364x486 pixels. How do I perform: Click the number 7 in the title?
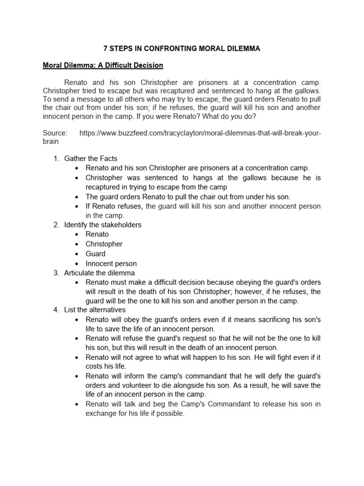coord(106,48)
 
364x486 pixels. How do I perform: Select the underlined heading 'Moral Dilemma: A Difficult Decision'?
coord(103,65)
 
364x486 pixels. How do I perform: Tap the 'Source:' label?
coord(55,133)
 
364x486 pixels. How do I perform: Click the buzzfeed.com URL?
coord(200,133)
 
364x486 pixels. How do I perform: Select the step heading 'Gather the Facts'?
coord(91,158)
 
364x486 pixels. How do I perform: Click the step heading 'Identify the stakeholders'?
coord(103,224)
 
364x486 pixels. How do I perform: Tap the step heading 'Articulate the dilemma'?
coord(100,273)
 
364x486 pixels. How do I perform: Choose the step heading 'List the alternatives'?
coord(95,310)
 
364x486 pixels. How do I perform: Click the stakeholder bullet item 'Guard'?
coord(95,253)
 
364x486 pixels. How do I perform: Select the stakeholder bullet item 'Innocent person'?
coord(111,263)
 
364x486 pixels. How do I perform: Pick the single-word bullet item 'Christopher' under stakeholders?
coord(104,244)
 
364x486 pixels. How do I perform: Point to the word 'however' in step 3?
coord(254,291)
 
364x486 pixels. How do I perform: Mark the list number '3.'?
coord(56,273)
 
